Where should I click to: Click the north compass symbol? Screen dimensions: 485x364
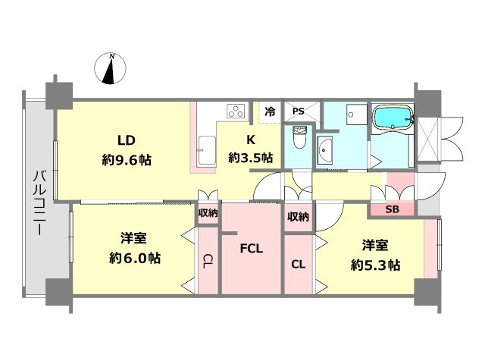(110, 69)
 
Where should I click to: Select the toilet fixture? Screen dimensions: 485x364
(299, 136)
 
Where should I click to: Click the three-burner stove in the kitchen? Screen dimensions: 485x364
(236, 111)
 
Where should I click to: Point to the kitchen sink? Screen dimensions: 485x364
(207, 150)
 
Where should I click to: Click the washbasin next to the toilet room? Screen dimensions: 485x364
(325, 150)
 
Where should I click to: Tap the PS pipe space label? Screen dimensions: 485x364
(298, 111)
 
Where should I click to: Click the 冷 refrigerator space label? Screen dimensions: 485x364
(270, 111)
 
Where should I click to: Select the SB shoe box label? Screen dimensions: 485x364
(392, 209)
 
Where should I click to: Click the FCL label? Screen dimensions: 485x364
(252, 248)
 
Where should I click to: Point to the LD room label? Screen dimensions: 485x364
(127, 140)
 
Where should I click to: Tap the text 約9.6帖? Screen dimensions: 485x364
(127, 160)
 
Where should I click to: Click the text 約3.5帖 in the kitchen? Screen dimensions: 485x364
(251, 158)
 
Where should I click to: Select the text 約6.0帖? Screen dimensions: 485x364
(135, 258)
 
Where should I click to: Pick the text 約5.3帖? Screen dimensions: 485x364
(375, 265)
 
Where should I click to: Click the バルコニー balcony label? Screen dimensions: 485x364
(39, 202)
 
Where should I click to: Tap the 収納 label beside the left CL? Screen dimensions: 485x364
(208, 212)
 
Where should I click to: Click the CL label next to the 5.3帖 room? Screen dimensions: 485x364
(298, 264)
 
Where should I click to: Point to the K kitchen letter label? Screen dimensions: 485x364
(251, 140)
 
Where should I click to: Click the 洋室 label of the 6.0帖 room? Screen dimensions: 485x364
(133, 238)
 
